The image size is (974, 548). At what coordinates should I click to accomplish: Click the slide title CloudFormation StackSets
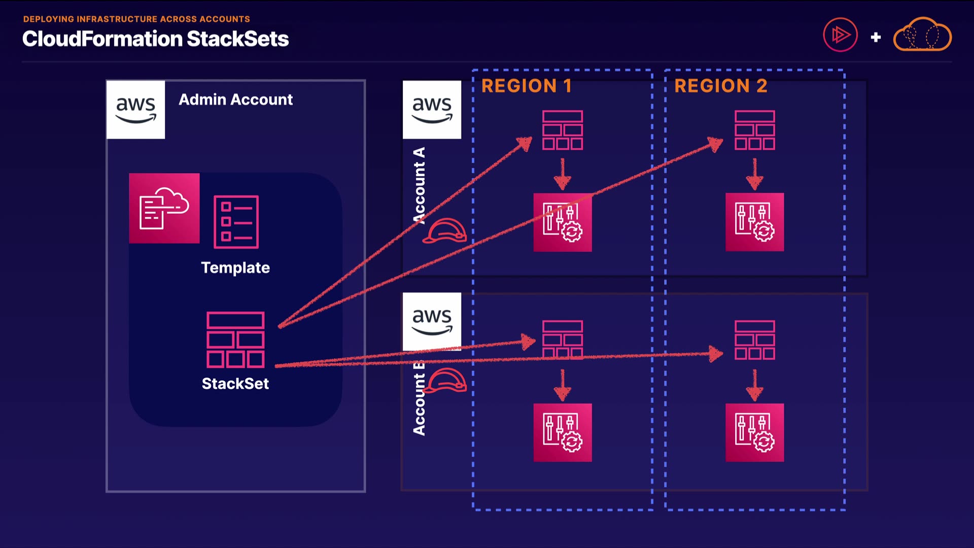click(155, 39)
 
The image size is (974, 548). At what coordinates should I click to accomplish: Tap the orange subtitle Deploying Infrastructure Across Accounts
click(136, 19)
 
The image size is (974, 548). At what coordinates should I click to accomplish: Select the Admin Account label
click(235, 99)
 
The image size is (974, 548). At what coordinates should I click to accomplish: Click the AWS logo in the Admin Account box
click(135, 110)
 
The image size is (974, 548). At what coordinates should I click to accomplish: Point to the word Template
click(235, 268)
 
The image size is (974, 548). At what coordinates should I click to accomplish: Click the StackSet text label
click(235, 384)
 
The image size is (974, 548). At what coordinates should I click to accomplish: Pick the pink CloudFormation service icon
click(164, 209)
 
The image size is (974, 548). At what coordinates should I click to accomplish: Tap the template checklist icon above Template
click(236, 222)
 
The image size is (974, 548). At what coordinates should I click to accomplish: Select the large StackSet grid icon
click(235, 339)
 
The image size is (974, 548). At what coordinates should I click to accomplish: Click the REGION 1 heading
click(527, 86)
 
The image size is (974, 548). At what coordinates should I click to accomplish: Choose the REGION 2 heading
click(720, 86)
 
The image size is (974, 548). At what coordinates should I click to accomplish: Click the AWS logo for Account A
click(432, 110)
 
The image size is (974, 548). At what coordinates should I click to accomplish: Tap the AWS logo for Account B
click(432, 321)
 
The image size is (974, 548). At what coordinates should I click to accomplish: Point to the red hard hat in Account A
click(445, 231)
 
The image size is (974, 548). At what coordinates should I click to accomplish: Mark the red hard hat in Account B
click(445, 381)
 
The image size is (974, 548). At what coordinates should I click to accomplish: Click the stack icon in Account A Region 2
click(755, 130)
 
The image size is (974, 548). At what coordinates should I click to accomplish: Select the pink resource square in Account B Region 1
click(563, 432)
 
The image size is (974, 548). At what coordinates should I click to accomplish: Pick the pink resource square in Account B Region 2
click(755, 432)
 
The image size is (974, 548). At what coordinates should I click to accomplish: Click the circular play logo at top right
click(840, 35)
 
